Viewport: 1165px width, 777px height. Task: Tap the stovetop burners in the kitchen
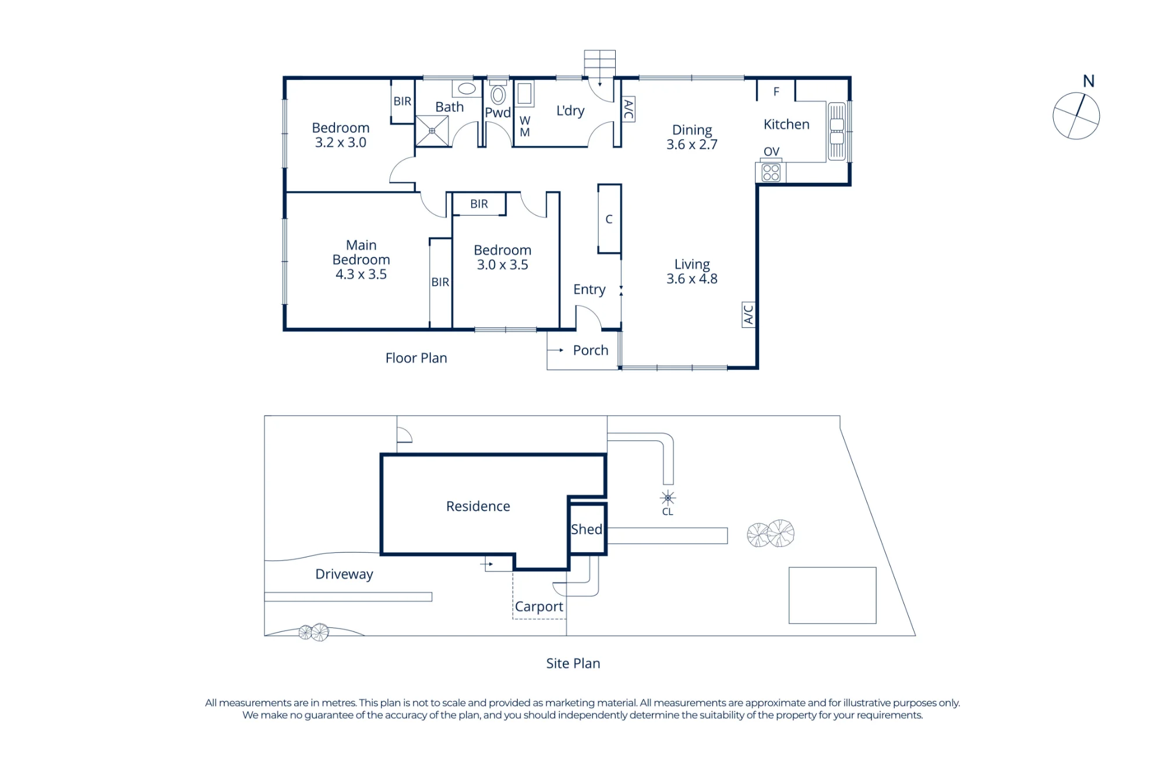(771, 173)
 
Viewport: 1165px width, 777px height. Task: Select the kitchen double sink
(836, 131)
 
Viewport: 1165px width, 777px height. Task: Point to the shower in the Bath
(432, 131)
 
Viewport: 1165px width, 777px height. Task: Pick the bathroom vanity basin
(467, 89)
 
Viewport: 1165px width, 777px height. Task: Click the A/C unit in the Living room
(749, 315)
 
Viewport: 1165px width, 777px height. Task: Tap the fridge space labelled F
(776, 91)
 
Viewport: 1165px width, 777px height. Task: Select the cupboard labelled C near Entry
(609, 219)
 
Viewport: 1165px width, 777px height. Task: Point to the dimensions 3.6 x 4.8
(692, 279)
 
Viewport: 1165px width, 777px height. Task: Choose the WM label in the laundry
(525, 126)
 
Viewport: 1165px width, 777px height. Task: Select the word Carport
(539, 607)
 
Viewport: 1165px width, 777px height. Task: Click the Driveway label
(344, 574)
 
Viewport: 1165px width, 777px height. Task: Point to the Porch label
(591, 350)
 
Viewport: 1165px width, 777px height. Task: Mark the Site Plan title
(573, 663)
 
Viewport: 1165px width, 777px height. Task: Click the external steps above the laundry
(600, 63)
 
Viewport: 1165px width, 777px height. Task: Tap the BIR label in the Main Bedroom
(440, 282)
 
